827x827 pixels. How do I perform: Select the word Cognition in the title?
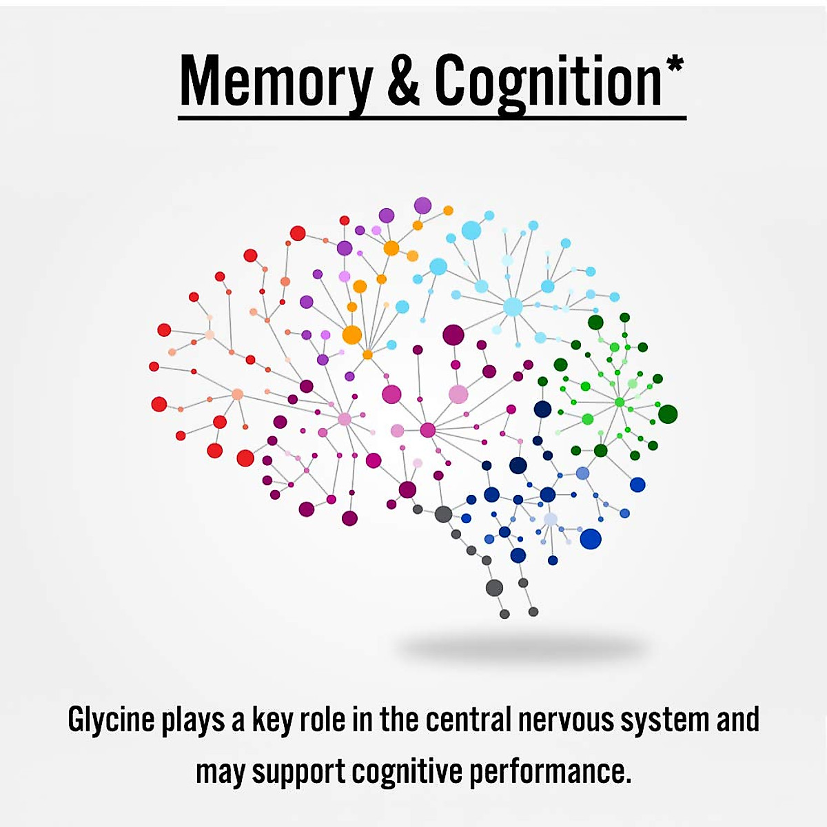[548, 83]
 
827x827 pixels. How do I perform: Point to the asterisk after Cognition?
[675, 66]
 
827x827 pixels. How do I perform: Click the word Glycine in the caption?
[111, 721]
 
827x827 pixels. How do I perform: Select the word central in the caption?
[468, 719]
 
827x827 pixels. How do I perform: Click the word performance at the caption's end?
[550, 772]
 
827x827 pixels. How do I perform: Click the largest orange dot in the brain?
[351, 335]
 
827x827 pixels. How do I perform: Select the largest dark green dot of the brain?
[667, 414]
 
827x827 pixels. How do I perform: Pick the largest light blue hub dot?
[513, 307]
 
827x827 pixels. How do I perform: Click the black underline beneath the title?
[432, 118]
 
